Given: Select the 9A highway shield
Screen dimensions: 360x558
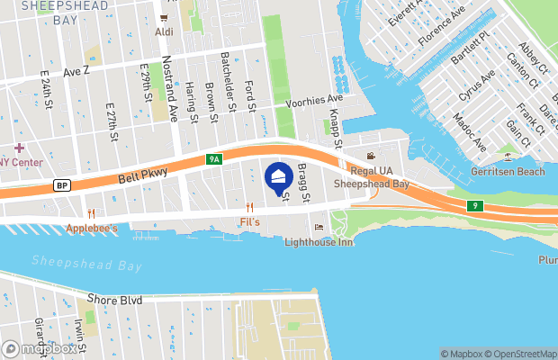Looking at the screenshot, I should click(213, 159).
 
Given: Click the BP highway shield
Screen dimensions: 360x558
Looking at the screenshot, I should click(62, 185).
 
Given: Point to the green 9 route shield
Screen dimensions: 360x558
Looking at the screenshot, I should click(476, 206).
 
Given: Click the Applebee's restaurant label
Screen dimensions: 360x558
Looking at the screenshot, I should click(92, 229).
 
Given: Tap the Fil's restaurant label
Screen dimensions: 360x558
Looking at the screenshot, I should click(250, 221).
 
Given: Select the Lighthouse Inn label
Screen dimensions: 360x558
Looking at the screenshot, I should click(319, 241).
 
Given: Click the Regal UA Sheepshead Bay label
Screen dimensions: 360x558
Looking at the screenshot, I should click(372, 176).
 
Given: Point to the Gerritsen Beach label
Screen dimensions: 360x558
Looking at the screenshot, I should click(508, 171).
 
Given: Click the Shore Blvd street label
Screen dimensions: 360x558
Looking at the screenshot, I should click(116, 299).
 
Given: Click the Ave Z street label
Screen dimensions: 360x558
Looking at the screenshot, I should click(76, 70).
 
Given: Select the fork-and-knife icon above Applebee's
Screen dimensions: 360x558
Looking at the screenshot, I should click(91, 213).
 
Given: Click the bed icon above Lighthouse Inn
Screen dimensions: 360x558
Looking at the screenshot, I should click(319, 227).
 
